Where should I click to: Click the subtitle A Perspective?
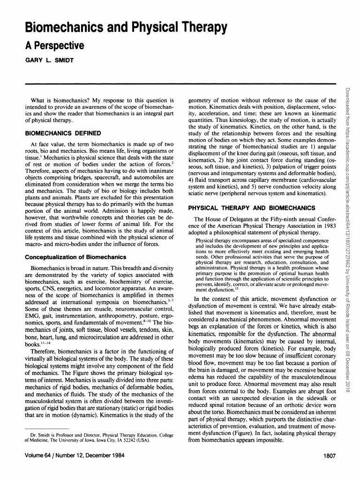click(54, 46)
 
